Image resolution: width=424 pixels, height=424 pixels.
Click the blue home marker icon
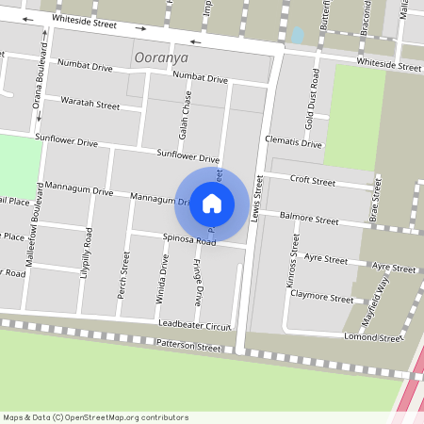tap(212, 203)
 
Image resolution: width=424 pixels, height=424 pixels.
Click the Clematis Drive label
tap(293, 143)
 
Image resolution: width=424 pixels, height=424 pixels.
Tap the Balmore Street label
tap(315, 220)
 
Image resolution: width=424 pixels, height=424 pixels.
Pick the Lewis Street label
tap(257, 197)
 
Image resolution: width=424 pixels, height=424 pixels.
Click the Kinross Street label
tap(294, 269)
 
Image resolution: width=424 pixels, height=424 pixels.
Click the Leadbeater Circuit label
tap(195, 325)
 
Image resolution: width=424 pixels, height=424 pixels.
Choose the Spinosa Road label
tap(189, 241)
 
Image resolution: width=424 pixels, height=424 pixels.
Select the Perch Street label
tap(123, 275)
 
